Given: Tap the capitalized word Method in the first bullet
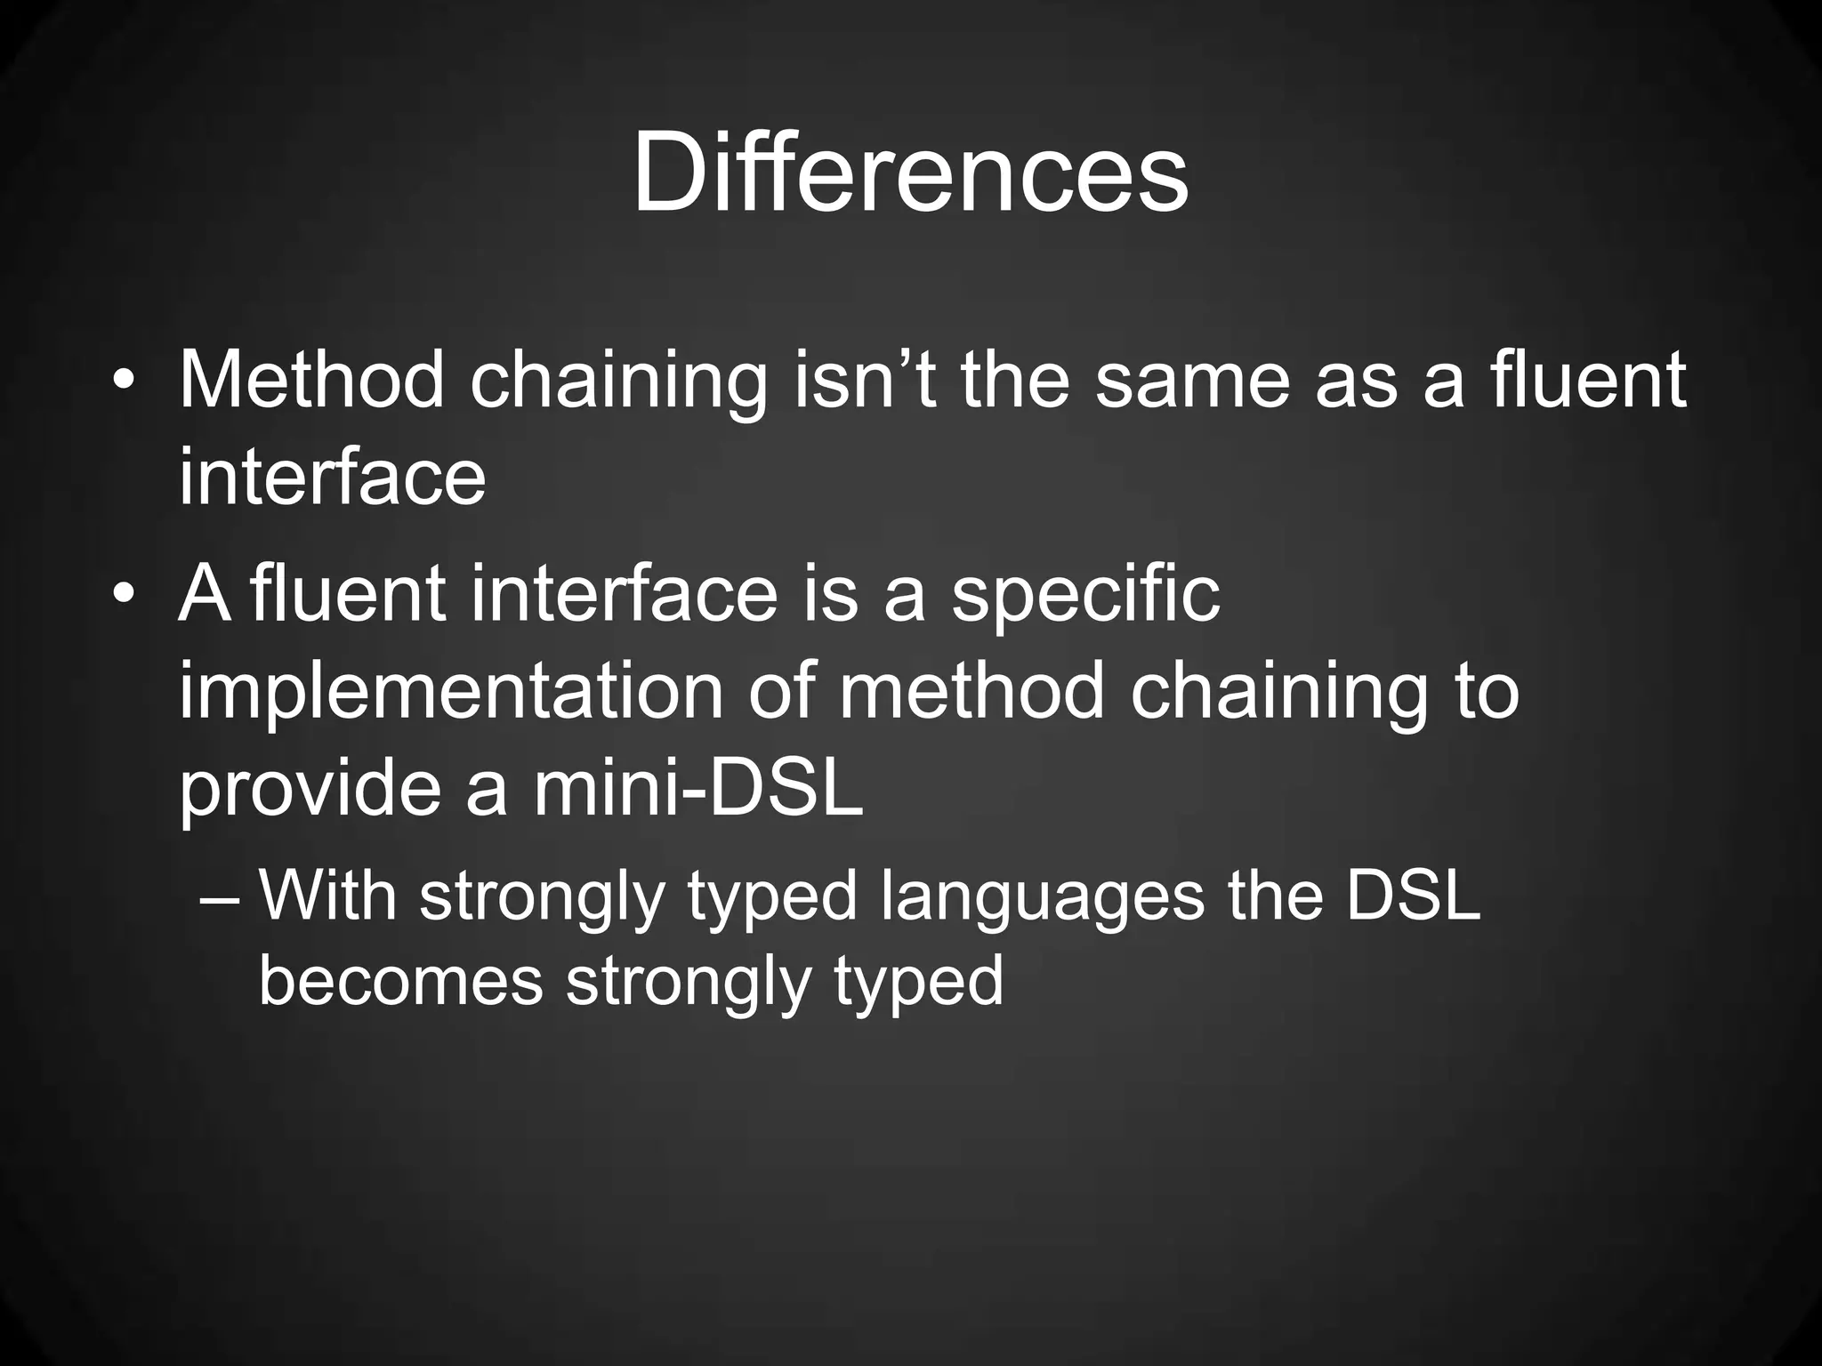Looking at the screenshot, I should click(x=310, y=380).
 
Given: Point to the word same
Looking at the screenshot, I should click(x=1191, y=380).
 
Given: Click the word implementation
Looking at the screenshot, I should click(x=451, y=691).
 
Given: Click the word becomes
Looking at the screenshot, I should click(x=400, y=981).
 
